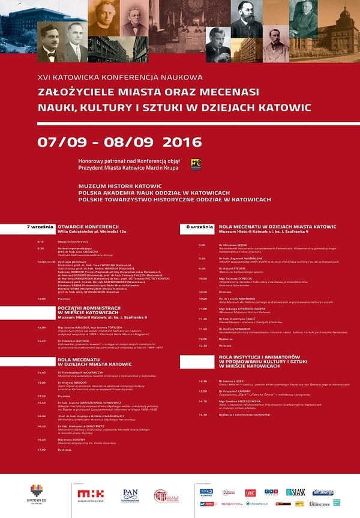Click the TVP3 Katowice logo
[206, 492]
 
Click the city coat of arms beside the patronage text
[196, 164]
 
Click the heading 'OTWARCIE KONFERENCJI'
[86, 227]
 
